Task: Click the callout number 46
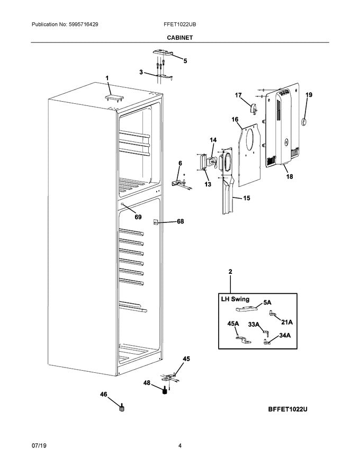[x=104, y=394]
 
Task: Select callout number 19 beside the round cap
[x=309, y=95]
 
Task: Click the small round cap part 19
[x=304, y=122]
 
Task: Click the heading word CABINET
[x=181, y=38]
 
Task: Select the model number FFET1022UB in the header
[x=181, y=25]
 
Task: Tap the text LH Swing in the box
[x=235, y=300]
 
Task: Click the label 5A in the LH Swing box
[x=267, y=302]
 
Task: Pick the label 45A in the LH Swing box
[x=233, y=324]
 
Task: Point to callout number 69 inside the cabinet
[x=138, y=217]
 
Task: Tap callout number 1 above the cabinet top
[x=107, y=78]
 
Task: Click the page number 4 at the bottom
[x=180, y=446]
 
